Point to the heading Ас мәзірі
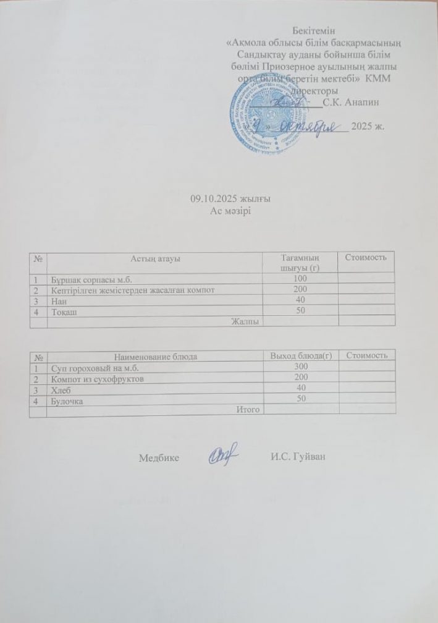coord(229,210)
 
